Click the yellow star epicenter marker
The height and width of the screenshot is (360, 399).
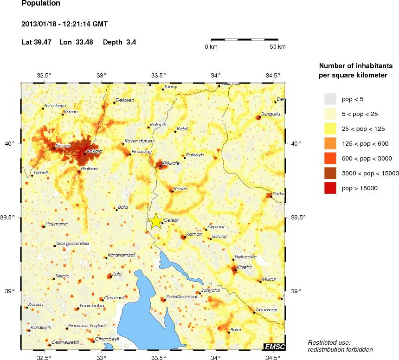pos(156,221)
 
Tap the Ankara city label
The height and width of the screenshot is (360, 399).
pos(95,152)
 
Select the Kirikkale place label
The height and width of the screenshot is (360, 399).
pos(171,163)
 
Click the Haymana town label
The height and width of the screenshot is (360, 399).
pos(56,224)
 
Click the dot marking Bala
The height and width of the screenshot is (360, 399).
pos(116,210)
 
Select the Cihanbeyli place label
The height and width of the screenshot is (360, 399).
pos(107,339)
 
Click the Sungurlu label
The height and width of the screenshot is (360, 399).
pos(271,113)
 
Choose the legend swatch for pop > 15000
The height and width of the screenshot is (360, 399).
pos(330,188)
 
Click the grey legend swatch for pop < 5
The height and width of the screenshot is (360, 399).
pos(330,99)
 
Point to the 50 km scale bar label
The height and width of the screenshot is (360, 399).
pos(278,47)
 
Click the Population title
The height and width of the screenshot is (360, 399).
pos(41,3)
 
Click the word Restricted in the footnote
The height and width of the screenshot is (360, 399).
pos(321,342)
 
